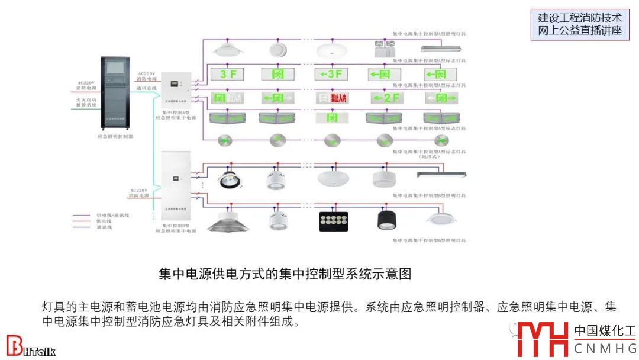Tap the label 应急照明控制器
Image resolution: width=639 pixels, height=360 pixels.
[x=115, y=136]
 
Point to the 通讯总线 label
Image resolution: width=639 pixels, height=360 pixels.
[x=146, y=88]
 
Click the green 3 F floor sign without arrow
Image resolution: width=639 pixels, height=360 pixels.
[x=228, y=75]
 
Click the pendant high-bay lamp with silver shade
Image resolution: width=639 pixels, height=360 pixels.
[x=228, y=219]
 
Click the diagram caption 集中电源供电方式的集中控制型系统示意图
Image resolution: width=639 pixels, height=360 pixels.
[x=285, y=274]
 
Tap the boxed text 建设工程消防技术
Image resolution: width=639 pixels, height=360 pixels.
[x=580, y=18]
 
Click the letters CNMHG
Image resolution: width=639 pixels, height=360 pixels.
[x=605, y=349]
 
